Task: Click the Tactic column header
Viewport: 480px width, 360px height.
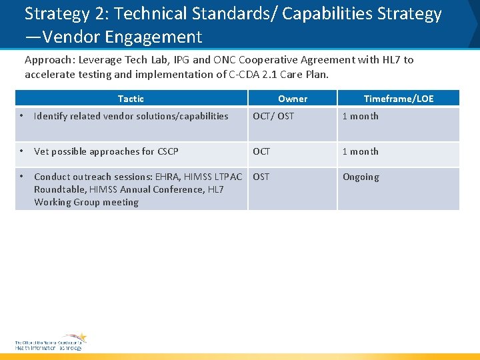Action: [x=131, y=99]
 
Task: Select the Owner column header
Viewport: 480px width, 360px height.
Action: [x=293, y=99]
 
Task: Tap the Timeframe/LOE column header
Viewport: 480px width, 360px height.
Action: [x=398, y=99]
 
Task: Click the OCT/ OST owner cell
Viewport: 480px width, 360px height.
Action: [x=273, y=116]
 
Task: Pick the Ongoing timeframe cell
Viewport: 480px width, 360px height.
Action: [x=361, y=177]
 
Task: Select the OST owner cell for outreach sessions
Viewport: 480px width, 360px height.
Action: [x=261, y=177]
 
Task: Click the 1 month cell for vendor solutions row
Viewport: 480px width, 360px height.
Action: [x=360, y=116]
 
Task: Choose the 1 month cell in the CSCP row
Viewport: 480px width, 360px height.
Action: [x=360, y=151]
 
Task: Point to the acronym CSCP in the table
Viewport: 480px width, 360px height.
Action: [x=167, y=151]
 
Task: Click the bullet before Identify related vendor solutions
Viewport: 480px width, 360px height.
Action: [x=21, y=116]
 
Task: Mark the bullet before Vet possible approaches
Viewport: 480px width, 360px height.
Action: [x=21, y=151]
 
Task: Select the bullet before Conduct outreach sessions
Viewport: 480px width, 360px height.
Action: [x=21, y=177]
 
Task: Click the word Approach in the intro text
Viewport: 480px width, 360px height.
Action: [x=48, y=60]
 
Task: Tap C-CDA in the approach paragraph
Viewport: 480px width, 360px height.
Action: [x=245, y=74]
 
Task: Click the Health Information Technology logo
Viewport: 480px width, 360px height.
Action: [x=51, y=342]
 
